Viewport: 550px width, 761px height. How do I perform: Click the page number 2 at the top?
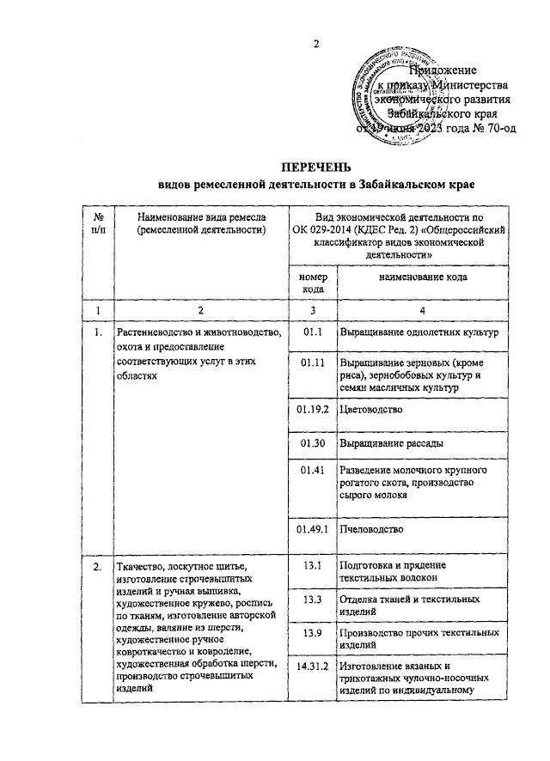click(316, 45)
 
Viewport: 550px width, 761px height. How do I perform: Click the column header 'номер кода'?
click(313, 284)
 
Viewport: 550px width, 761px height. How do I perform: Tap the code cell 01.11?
click(313, 363)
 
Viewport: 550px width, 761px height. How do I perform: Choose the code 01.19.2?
click(313, 410)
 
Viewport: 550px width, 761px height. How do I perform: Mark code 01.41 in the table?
click(313, 472)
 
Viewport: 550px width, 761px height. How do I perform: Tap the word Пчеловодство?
click(372, 529)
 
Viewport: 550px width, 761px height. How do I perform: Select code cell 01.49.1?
click(313, 529)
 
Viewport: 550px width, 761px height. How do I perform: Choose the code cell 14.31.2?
click(313, 666)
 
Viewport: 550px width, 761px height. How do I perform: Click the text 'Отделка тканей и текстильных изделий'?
click(409, 605)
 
